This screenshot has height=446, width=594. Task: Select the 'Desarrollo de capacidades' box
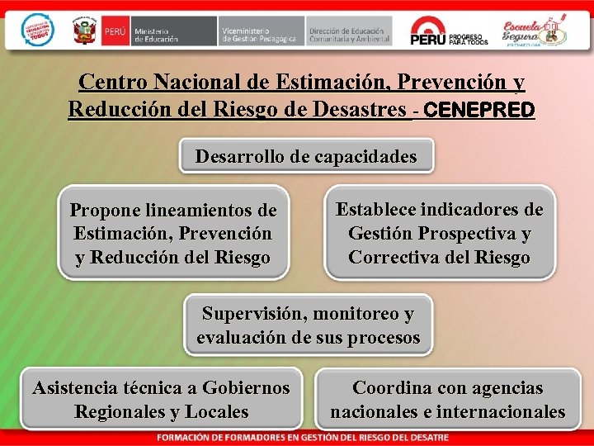(306, 156)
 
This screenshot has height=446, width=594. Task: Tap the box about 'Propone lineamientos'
(172, 235)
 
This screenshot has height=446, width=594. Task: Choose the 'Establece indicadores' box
(439, 234)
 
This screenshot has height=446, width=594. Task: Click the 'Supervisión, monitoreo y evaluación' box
(308, 325)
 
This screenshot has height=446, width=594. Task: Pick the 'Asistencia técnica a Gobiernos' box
(161, 400)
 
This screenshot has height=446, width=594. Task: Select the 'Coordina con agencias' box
(448, 400)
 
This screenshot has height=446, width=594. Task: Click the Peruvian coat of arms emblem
(85, 32)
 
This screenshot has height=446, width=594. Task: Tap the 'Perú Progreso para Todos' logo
(450, 31)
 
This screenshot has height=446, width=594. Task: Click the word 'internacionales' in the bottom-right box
(501, 412)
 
